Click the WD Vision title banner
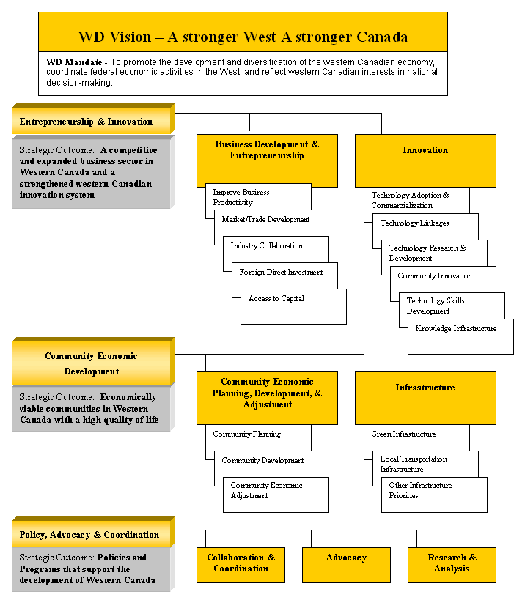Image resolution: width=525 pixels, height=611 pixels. (x=243, y=32)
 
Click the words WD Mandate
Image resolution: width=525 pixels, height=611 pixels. (x=74, y=62)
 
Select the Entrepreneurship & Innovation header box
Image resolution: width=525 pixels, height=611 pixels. (x=93, y=119)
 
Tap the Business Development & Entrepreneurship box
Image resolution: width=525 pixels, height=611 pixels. (x=267, y=160)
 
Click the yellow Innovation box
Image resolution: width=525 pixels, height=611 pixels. (x=425, y=160)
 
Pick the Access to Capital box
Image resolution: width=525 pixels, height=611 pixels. (x=293, y=306)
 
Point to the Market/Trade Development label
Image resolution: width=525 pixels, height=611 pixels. (x=265, y=219)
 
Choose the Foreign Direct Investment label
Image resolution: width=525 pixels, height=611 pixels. (x=281, y=272)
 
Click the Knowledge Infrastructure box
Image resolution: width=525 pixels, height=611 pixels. (x=460, y=337)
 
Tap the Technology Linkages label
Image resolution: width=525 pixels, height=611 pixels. (x=414, y=223)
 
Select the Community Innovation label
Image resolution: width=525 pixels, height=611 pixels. (x=435, y=276)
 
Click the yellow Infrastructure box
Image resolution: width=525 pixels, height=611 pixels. (x=425, y=398)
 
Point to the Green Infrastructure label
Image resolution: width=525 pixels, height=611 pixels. (x=403, y=434)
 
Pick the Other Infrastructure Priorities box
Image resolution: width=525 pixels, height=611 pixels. (x=434, y=495)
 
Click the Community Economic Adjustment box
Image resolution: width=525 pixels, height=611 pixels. (x=276, y=495)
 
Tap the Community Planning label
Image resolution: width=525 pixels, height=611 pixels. (x=247, y=434)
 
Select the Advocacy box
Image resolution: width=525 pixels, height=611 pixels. (x=346, y=565)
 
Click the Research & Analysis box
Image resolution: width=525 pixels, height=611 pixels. (x=452, y=565)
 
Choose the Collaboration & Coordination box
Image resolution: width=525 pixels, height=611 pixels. (x=241, y=565)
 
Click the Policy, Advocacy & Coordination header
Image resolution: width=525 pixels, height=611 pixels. (x=93, y=533)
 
